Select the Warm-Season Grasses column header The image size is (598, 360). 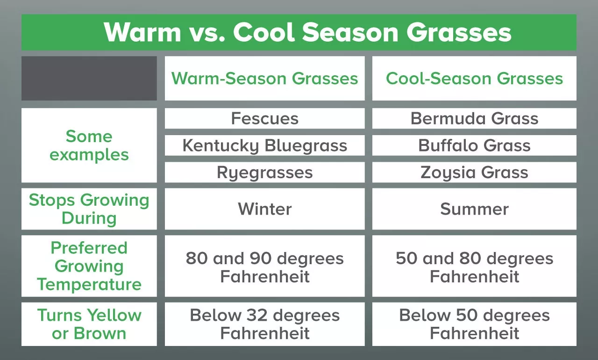pos(264,79)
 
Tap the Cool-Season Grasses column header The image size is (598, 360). pos(474,79)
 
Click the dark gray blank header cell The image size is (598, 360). pos(89,79)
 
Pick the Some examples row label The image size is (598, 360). pos(89,145)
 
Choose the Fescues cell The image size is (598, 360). pos(264,118)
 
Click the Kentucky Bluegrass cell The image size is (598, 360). pos(264,145)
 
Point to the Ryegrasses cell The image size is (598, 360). pos(264,173)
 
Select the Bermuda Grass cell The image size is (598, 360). pos(474,118)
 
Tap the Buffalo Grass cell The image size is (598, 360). pos(474,145)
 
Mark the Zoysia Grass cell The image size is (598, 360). pos(474,173)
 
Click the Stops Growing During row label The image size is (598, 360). pos(89,209)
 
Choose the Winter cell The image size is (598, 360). pos(264,209)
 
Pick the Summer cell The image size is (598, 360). pos(474,209)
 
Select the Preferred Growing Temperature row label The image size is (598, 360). pos(89,266)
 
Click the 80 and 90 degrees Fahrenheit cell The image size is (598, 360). pos(264,267)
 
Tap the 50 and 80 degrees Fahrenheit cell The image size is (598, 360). pos(474,267)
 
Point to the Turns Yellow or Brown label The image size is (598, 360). pos(89,324)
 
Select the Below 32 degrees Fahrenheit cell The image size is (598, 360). pos(264,324)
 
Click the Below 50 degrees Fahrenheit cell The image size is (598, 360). pos(474,324)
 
